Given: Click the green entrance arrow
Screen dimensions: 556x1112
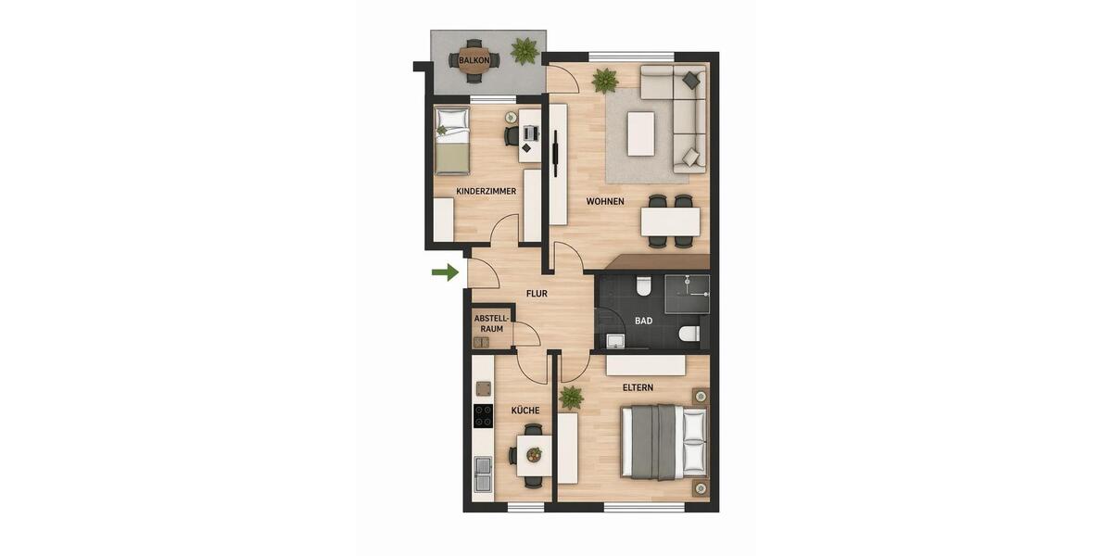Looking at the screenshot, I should tap(446, 272).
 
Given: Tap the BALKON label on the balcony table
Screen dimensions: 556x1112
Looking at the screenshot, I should tap(474, 61).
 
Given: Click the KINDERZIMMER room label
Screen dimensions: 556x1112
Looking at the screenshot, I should tap(486, 192).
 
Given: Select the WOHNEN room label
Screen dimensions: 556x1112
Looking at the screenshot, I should tap(605, 201).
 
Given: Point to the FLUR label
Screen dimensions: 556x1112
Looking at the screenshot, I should tap(537, 294).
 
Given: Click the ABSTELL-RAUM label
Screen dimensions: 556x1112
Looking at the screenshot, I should tap(491, 323).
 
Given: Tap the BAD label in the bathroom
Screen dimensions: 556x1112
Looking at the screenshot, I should tap(643, 321).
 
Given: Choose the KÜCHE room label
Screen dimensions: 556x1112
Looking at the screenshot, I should tap(525, 410).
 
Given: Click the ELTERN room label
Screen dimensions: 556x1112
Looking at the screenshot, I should tap(638, 387).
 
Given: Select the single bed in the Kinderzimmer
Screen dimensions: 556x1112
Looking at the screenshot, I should tap(452, 140).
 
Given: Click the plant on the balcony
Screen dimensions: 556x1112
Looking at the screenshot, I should tap(524, 50).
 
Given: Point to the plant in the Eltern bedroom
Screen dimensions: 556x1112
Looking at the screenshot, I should tap(571, 398).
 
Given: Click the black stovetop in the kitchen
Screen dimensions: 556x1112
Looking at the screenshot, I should tap(483, 416).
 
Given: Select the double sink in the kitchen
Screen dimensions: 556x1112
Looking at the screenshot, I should tap(483, 474).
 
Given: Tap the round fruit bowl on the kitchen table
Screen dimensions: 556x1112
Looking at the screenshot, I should tap(533, 455).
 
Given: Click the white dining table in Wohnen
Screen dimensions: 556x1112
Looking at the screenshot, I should tap(670, 221).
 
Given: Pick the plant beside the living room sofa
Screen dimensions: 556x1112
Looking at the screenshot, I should tap(605, 80).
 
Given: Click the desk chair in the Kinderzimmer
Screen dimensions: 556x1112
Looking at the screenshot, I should tap(512, 136).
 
